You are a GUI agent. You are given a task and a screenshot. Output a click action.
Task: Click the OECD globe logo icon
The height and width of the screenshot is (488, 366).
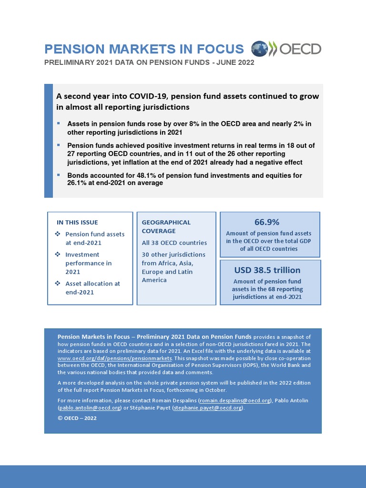(260, 49)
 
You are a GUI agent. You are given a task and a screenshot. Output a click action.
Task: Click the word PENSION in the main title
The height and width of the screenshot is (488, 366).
(74, 49)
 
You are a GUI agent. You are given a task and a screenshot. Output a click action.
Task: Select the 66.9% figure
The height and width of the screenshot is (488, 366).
(266, 222)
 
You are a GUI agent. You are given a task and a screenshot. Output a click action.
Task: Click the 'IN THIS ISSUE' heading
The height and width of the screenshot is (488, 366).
(77, 223)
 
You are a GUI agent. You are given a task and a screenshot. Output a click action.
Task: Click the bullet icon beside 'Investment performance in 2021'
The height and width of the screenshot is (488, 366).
(58, 254)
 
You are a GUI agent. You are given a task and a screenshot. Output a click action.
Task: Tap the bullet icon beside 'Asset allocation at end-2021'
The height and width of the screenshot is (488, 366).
(58, 284)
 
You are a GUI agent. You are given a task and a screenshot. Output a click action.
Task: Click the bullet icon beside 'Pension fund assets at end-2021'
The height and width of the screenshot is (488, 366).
(58, 234)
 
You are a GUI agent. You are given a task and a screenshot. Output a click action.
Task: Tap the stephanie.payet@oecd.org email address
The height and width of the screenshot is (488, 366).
(208, 408)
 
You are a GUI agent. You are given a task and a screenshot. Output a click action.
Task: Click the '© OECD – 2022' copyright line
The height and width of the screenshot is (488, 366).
(77, 418)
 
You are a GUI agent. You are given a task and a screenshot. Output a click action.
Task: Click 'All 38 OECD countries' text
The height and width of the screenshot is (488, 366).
(174, 243)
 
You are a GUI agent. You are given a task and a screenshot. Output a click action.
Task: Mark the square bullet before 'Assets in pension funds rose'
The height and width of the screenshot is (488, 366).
(58, 123)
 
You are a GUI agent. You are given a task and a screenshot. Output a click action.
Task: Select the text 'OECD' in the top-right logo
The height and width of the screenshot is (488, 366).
(300, 49)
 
